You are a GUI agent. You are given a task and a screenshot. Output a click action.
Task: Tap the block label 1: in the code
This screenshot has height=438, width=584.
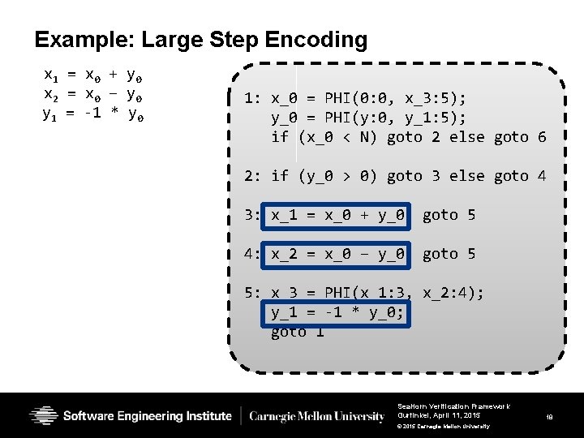(x=252, y=99)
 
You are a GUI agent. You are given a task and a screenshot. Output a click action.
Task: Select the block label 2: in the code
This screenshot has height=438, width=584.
(x=252, y=176)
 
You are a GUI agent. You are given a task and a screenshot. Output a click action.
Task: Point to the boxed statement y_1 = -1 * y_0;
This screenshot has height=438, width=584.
(x=337, y=312)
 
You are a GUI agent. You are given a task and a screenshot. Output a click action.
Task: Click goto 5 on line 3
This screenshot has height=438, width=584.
(x=449, y=215)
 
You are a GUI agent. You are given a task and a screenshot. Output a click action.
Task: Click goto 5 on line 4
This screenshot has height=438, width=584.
(x=449, y=254)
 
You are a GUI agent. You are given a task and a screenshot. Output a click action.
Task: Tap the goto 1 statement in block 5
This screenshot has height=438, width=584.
(x=298, y=332)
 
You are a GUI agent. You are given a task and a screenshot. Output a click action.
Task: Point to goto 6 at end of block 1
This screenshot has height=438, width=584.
(x=520, y=137)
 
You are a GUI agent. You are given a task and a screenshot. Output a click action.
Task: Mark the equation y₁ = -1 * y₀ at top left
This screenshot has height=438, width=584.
(x=93, y=113)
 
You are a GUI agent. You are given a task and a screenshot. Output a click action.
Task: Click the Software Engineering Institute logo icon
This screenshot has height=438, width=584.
(x=43, y=416)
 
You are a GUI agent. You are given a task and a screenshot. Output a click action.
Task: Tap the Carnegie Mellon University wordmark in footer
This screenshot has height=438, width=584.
(x=317, y=417)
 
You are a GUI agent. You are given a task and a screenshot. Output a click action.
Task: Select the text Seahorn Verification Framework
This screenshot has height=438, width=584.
(x=453, y=406)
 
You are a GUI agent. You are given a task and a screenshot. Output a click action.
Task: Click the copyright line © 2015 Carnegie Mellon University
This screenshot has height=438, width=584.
(x=444, y=426)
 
